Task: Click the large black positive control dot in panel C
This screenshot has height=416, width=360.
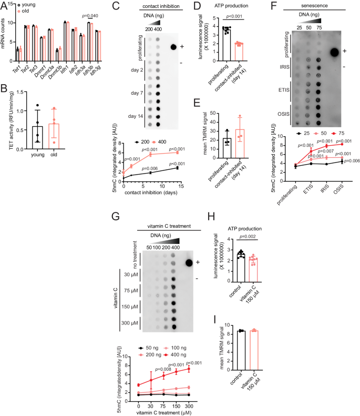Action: click(x=172, y=47)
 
